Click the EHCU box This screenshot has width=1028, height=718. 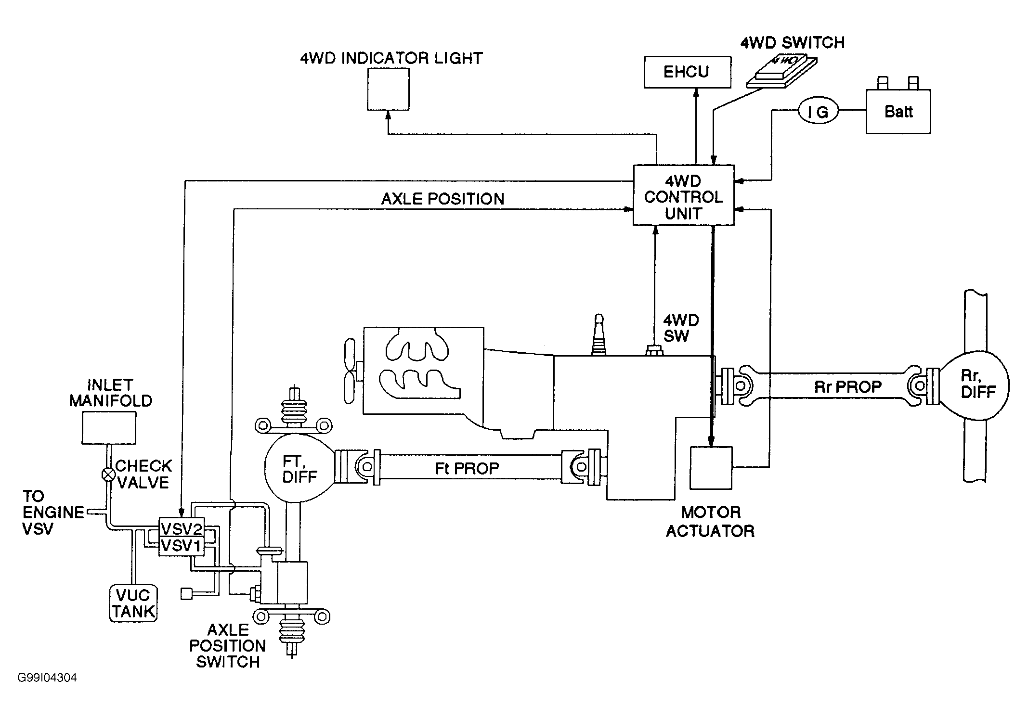click(x=688, y=72)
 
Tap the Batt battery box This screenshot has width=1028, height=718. click(x=898, y=111)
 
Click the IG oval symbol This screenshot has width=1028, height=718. click(x=818, y=112)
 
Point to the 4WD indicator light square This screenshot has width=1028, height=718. click(x=388, y=89)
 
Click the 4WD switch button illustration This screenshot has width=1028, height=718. click(x=781, y=72)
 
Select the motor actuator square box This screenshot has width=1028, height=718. click(x=711, y=468)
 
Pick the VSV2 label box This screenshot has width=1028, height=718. click(x=182, y=529)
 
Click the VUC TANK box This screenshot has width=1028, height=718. click(x=133, y=603)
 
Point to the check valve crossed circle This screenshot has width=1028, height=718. click(x=109, y=474)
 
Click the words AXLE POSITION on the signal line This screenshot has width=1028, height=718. click(x=442, y=199)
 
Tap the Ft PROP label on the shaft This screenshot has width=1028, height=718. click(x=467, y=468)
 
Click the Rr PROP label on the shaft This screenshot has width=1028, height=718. click(x=848, y=387)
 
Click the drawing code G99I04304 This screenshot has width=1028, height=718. click(x=47, y=678)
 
